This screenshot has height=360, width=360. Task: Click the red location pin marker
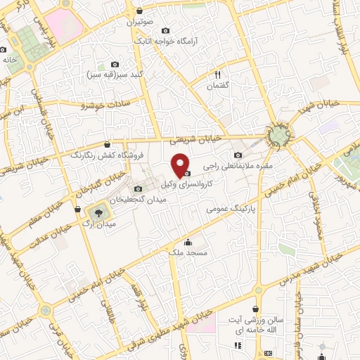pyautogui.click(x=181, y=165)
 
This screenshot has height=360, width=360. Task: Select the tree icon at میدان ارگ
pyautogui.click(x=98, y=212)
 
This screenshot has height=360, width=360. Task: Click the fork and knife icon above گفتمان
pyautogui.click(x=218, y=75)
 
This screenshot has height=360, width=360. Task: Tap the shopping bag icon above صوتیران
pyautogui.click(x=139, y=11)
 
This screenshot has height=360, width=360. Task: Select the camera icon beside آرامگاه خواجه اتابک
pyautogui.click(x=166, y=31)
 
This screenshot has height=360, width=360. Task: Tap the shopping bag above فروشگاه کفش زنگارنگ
pyautogui.click(x=107, y=144)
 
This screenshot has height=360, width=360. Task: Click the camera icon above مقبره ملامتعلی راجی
pyautogui.click(x=238, y=155)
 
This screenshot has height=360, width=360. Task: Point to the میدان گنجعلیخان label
pyautogui.click(x=159, y=200)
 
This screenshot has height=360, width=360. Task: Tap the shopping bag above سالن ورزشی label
pyautogui.click(x=257, y=309)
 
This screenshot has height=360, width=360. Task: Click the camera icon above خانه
pyautogui.click(x=4, y=50)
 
